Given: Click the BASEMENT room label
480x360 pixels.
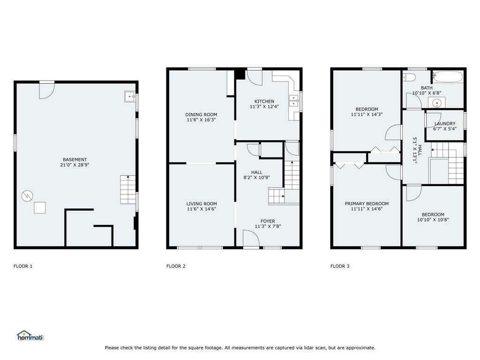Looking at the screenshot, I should [x=75, y=159].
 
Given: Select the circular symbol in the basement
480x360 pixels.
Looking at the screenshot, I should [x=27, y=195].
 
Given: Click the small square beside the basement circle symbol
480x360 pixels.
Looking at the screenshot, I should [x=39, y=208].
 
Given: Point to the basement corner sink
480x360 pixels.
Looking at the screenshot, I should [x=130, y=97].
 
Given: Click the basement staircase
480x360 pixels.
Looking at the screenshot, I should [x=127, y=189].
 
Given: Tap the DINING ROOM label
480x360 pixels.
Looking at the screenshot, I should [x=201, y=114].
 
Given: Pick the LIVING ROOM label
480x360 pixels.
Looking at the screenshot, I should [x=202, y=203].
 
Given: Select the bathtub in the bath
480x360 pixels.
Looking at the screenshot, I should [x=447, y=76].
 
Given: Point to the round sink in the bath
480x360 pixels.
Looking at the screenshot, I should [x=437, y=103].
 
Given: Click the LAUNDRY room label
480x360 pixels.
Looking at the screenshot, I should [x=444, y=124].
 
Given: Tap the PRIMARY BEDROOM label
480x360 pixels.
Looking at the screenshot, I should [x=367, y=203].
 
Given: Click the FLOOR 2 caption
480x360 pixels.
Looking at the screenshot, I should [x=176, y=266].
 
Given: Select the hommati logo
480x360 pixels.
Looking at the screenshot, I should [x=30, y=336].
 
